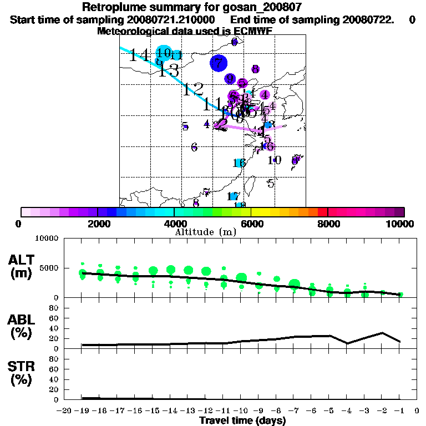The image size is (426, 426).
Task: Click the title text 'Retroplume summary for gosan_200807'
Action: point(213,7)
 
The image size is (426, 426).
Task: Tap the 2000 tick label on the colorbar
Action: point(98,224)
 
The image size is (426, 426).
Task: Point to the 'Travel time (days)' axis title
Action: point(242,420)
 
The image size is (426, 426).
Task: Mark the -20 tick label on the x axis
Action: point(64,411)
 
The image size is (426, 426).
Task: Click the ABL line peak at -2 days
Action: point(382,333)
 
